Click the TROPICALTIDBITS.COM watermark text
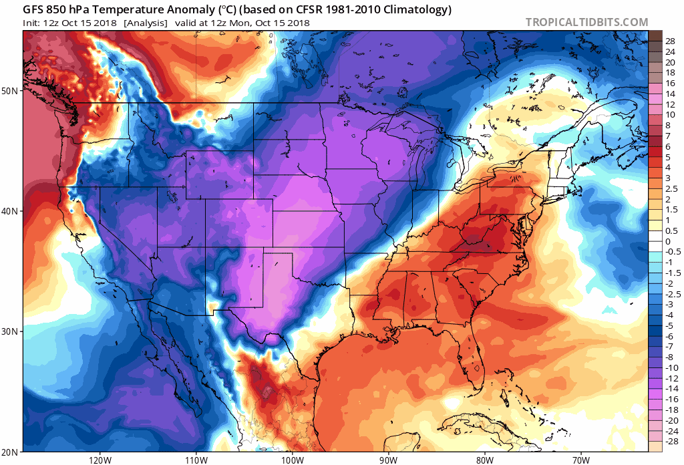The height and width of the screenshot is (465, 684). (x=586, y=22)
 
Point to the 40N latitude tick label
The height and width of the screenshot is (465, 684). (x=11, y=211)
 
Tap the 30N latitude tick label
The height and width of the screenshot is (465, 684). (x=11, y=331)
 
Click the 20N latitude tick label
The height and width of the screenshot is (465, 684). (x=11, y=452)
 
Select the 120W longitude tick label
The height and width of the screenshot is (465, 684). (x=99, y=460)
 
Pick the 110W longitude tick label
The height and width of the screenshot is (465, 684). (x=195, y=460)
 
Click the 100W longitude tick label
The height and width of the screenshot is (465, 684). (x=291, y=460)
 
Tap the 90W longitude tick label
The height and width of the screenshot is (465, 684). (x=388, y=460)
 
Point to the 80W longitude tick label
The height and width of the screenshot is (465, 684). (x=484, y=460)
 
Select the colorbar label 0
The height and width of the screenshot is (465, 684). (x=668, y=242)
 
